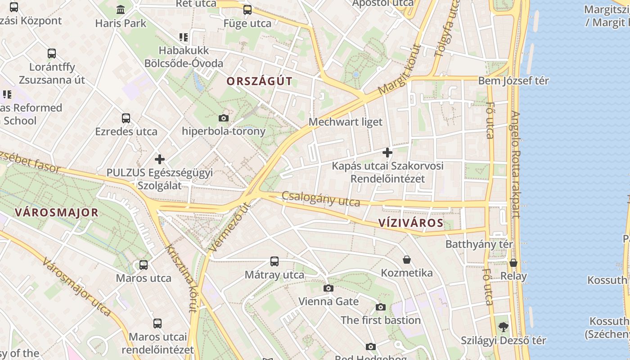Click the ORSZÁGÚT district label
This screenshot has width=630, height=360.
(260, 81)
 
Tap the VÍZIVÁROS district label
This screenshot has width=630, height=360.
(411, 223)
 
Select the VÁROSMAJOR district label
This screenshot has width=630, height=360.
(56, 212)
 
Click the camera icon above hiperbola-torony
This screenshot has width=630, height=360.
(223, 118)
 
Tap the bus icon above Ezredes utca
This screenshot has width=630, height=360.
(126, 118)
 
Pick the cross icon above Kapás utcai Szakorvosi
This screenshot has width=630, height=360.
(387, 153)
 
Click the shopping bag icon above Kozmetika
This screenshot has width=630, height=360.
(407, 260)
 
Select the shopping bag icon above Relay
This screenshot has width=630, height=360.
(513, 263)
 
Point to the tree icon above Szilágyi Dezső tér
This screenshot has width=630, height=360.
(503, 327)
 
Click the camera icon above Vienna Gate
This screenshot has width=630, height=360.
(328, 288)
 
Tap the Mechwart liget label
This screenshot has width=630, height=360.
(346, 122)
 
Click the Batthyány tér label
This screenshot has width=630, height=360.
(479, 244)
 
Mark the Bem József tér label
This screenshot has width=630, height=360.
(513, 81)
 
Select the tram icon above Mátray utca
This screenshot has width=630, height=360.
(274, 261)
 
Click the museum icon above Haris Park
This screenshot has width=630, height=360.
(121, 9)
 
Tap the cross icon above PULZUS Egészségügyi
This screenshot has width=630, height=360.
(159, 159)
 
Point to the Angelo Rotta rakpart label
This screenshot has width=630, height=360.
(515, 164)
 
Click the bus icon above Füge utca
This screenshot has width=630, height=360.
(247, 10)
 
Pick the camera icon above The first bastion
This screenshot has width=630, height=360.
(380, 307)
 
